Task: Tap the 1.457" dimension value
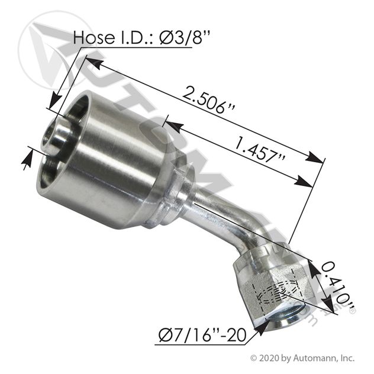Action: click(260, 150)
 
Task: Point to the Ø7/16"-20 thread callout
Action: click(202, 335)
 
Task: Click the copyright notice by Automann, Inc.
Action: click(302, 358)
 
